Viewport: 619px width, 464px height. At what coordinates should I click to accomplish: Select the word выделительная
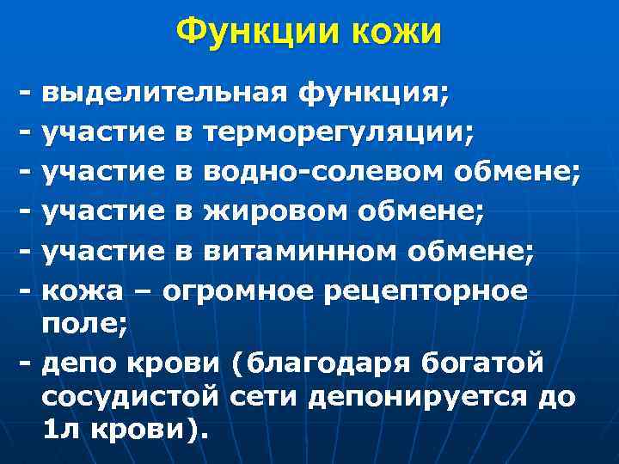pos(164,91)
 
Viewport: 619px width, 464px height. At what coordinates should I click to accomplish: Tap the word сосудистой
pos(131,400)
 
